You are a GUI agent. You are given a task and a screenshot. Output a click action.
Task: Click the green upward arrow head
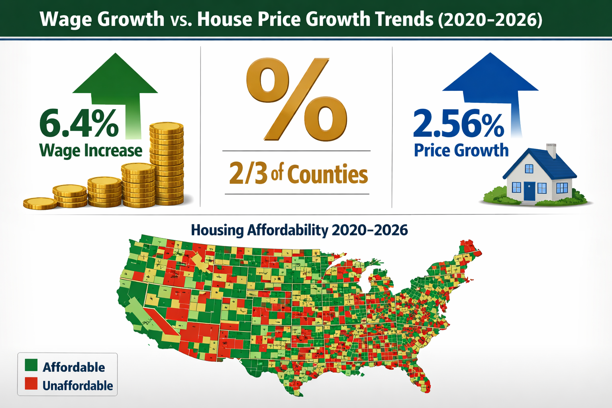tap(115, 76)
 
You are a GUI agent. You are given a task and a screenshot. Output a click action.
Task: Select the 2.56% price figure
tap(459, 124)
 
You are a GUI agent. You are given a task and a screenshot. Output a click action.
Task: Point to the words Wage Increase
tap(90, 151)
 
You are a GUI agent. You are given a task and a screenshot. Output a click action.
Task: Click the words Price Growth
tap(461, 151)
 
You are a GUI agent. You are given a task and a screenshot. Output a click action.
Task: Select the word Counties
tap(327, 175)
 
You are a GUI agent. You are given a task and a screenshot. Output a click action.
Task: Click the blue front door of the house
tap(529, 191)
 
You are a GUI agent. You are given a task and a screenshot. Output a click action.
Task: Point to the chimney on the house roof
tap(551, 151)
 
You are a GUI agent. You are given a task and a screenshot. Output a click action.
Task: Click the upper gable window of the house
tap(529, 169)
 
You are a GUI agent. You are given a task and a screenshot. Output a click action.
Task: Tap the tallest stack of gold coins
tap(167, 163)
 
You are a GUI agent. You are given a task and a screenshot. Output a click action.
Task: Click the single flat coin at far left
tap(40, 203)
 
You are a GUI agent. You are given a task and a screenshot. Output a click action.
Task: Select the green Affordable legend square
tap(31, 365)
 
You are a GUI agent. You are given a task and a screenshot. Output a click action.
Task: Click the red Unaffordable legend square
tap(31, 384)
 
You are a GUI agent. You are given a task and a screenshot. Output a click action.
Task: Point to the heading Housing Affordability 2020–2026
tap(299, 230)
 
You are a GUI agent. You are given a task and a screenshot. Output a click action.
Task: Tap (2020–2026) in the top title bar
tap(490, 19)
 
